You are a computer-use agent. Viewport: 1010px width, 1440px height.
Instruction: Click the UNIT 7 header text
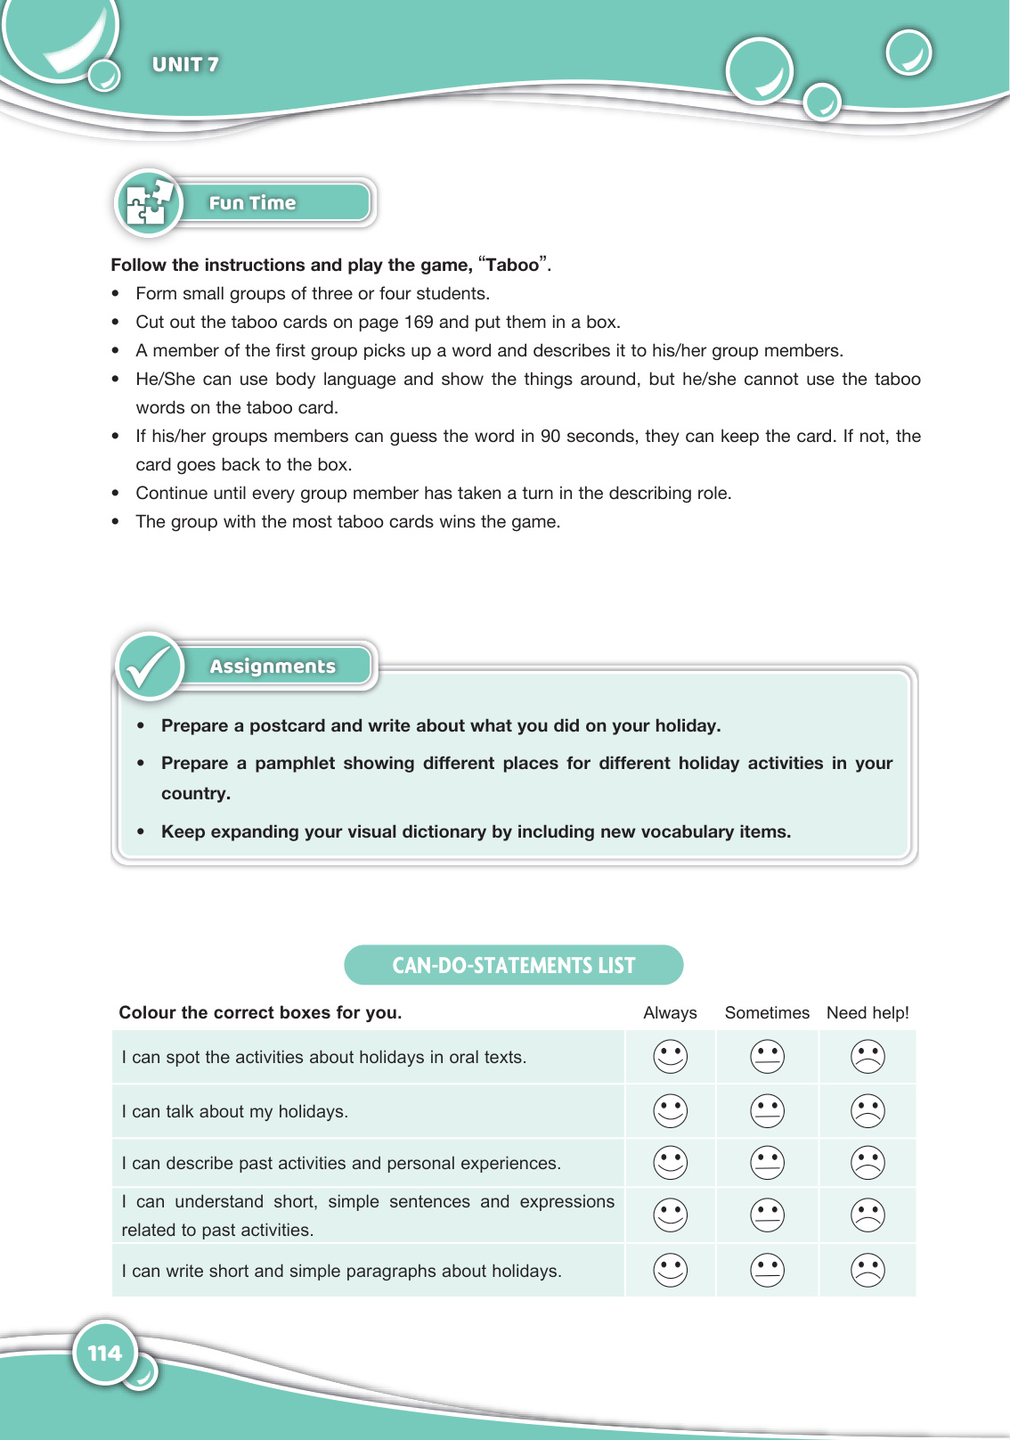coord(185,64)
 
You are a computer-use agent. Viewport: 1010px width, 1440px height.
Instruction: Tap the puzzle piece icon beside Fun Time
coord(148,202)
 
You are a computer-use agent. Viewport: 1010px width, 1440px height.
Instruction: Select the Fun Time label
coord(252,203)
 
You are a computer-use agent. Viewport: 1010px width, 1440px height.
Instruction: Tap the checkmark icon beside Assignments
coord(149,667)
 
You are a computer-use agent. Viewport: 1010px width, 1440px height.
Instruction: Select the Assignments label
coord(273,667)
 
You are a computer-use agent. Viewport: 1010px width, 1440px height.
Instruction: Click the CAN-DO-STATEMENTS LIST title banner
coord(514,965)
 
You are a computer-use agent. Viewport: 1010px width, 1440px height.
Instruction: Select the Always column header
coord(670,1013)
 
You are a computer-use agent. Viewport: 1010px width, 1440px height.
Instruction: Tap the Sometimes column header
coord(767,1013)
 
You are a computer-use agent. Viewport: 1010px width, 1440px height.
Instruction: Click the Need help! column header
coord(867,1013)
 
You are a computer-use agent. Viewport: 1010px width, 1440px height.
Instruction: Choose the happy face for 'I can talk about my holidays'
coord(671,1111)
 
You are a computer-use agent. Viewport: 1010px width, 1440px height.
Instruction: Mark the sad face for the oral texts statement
coord(867,1057)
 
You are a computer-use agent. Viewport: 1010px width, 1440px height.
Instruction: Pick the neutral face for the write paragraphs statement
coord(767,1271)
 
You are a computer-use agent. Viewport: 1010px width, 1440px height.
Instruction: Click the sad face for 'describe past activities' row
coord(867,1163)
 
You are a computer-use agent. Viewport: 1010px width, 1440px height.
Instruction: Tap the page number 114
coord(105,1354)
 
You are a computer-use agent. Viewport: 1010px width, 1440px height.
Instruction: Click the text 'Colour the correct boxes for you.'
coord(260,1013)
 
